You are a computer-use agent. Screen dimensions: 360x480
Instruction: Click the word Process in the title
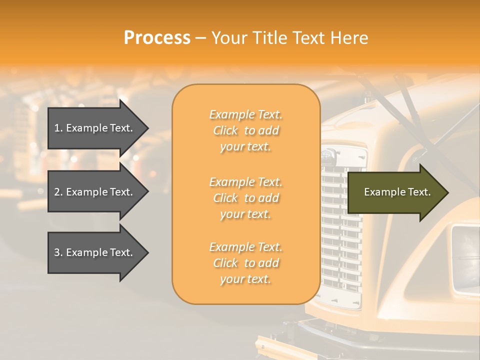pyautogui.click(x=157, y=38)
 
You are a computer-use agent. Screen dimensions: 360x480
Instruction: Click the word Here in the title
pyautogui.click(x=349, y=38)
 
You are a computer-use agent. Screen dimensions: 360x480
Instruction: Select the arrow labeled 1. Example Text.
pyautogui.click(x=95, y=128)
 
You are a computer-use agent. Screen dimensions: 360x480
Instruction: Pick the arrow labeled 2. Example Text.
pyautogui.click(x=95, y=192)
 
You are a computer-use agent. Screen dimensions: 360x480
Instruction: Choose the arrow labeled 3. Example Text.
pyautogui.click(x=95, y=252)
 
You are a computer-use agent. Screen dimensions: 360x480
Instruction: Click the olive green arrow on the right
pyautogui.click(x=395, y=192)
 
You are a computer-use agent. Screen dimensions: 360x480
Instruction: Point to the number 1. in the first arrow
pyautogui.click(x=58, y=128)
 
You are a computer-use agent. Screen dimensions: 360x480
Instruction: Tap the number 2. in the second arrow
pyautogui.click(x=58, y=192)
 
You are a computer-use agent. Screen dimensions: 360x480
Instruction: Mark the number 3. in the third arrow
pyautogui.click(x=58, y=252)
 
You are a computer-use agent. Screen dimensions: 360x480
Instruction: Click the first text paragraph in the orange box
pyautogui.click(x=245, y=130)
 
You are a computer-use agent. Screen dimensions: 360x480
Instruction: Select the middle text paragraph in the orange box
pyautogui.click(x=245, y=198)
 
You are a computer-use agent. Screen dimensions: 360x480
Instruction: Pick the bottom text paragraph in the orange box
pyautogui.click(x=245, y=263)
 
